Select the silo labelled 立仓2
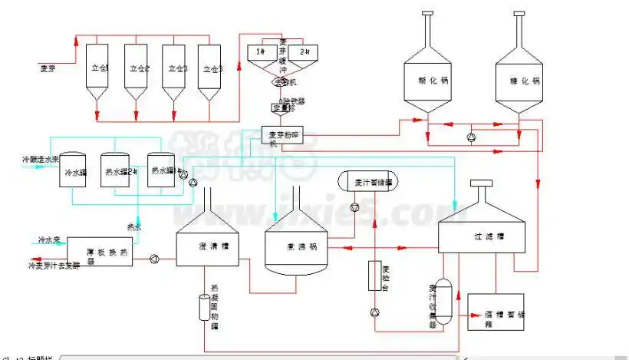[x=138, y=68]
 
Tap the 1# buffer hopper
[x=260, y=51]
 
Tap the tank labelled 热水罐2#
[x=120, y=172]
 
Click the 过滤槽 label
[x=481, y=237]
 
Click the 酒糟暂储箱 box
[x=499, y=311]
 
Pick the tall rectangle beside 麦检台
[x=374, y=274]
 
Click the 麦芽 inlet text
[x=51, y=68]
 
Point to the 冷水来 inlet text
[x=51, y=240]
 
